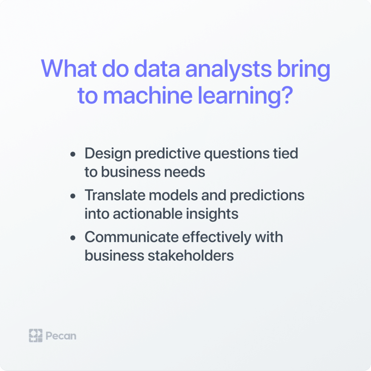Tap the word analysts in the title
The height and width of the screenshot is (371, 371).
tap(228, 70)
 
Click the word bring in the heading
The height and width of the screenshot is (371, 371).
tap(304, 70)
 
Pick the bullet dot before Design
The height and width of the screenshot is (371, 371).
tap(73, 154)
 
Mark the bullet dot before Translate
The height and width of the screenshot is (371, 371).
tap(73, 196)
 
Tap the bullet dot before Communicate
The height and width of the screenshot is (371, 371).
tap(73, 238)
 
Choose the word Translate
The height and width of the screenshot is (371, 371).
tap(115, 195)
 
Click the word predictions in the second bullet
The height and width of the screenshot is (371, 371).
tap(267, 196)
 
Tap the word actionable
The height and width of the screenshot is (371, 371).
tap(147, 214)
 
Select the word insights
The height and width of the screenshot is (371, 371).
tap(212, 214)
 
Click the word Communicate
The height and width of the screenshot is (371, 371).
tap(131, 237)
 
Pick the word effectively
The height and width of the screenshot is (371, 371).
tap(217, 238)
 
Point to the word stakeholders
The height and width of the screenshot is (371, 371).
tap(191, 255)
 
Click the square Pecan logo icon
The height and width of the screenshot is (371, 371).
tap(36, 335)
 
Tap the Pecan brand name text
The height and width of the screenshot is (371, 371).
tap(61, 336)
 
